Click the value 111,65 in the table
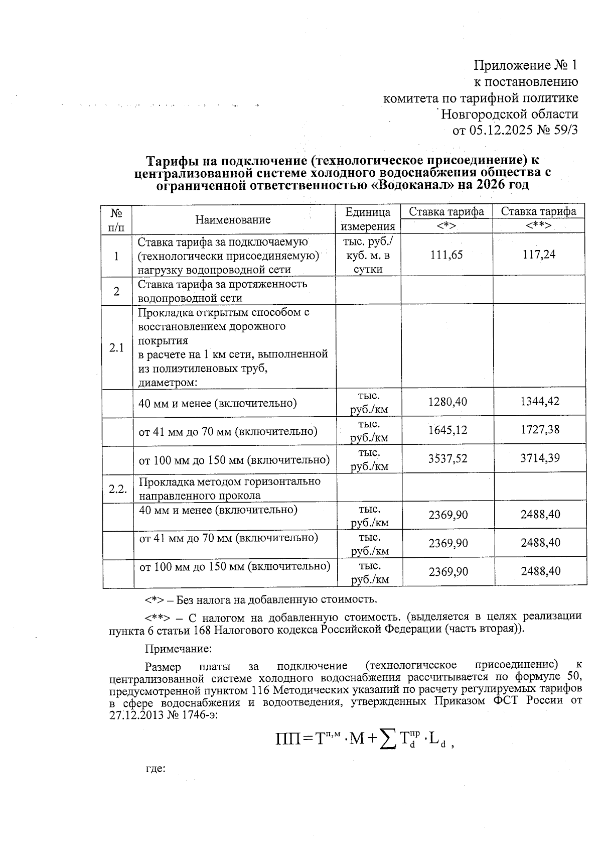pyautogui.click(x=446, y=255)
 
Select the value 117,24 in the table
pyautogui.click(x=539, y=255)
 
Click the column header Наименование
pyautogui.click(x=233, y=219)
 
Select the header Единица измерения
pyautogui.click(x=368, y=219)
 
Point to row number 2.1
pyautogui.click(x=116, y=347)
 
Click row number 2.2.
pyautogui.click(x=117, y=489)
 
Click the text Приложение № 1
pyautogui.click(x=526, y=65)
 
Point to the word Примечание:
pyautogui.click(x=178, y=649)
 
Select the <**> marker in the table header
pyautogui.click(x=539, y=226)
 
